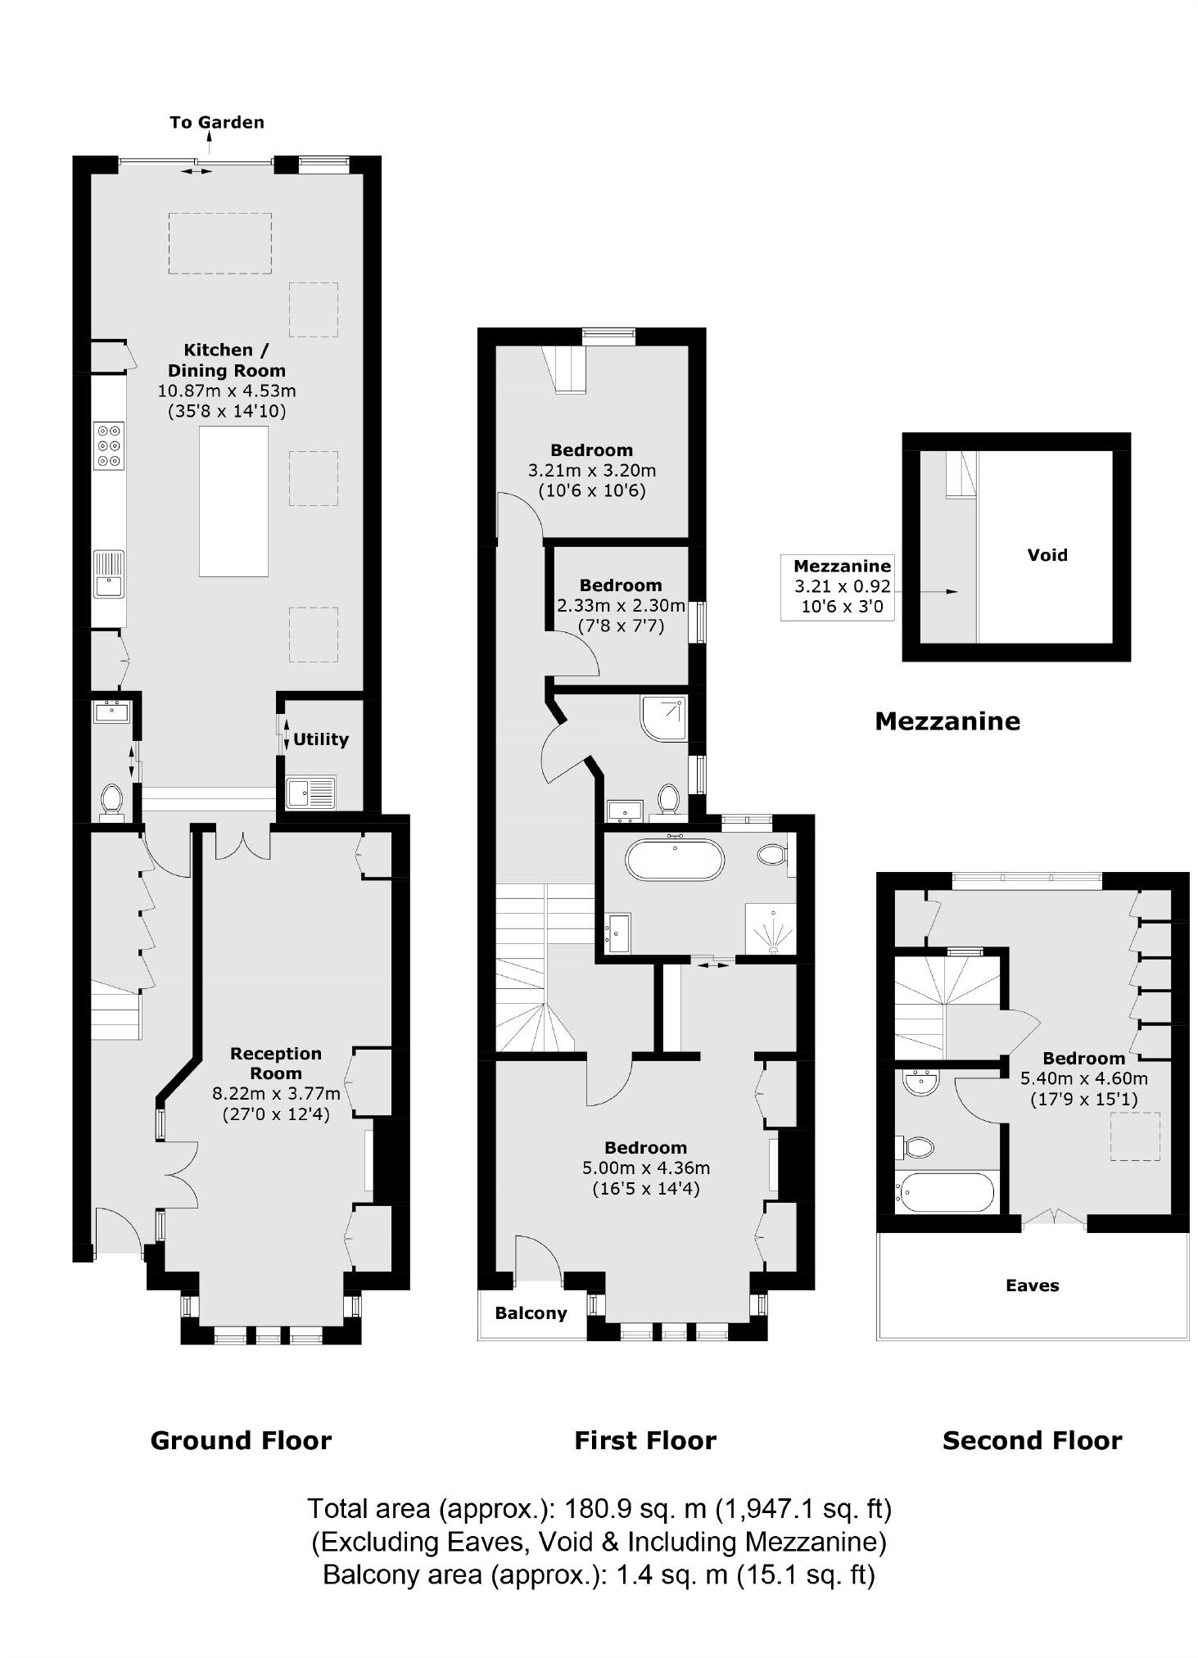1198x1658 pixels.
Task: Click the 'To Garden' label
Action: [x=217, y=123]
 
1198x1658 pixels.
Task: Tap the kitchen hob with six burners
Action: [x=109, y=445]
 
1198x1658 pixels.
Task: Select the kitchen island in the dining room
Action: [x=233, y=501]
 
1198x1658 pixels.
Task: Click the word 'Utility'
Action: [x=321, y=739]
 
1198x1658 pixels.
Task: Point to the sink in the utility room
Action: [x=310, y=792]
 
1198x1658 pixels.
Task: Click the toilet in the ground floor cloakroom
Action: [x=111, y=799]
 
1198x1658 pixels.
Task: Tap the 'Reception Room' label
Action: [x=276, y=1063]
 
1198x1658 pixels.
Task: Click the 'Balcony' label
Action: [x=531, y=1313]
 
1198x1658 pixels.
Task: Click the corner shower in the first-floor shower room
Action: [x=664, y=717]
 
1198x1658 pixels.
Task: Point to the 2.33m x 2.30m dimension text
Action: [x=621, y=606]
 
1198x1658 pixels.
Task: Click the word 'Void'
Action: [x=1047, y=555]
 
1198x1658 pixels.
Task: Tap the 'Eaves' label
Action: [x=1032, y=1285]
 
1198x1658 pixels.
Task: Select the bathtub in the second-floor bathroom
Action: [x=945, y=1192]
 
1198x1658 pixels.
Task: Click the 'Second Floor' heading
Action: [x=1032, y=1441]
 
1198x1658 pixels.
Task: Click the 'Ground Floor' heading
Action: [x=241, y=1441]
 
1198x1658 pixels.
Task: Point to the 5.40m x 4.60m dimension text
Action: [x=1083, y=1079]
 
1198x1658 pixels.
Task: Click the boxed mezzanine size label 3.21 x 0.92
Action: [x=842, y=586]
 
